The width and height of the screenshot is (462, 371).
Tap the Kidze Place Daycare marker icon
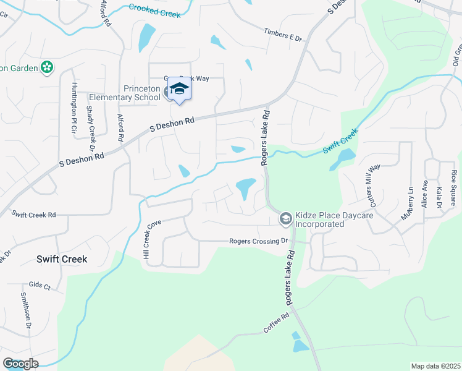pos(286,218)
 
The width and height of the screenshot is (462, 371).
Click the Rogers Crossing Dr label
pos(259,241)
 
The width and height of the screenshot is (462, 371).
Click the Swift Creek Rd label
pos(34,214)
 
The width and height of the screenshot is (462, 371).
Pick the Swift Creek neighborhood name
pos(61,259)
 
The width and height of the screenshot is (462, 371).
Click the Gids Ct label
pos(39,288)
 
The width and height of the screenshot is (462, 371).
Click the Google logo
pos(20,364)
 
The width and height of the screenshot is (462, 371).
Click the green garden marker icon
pos(47,67)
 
